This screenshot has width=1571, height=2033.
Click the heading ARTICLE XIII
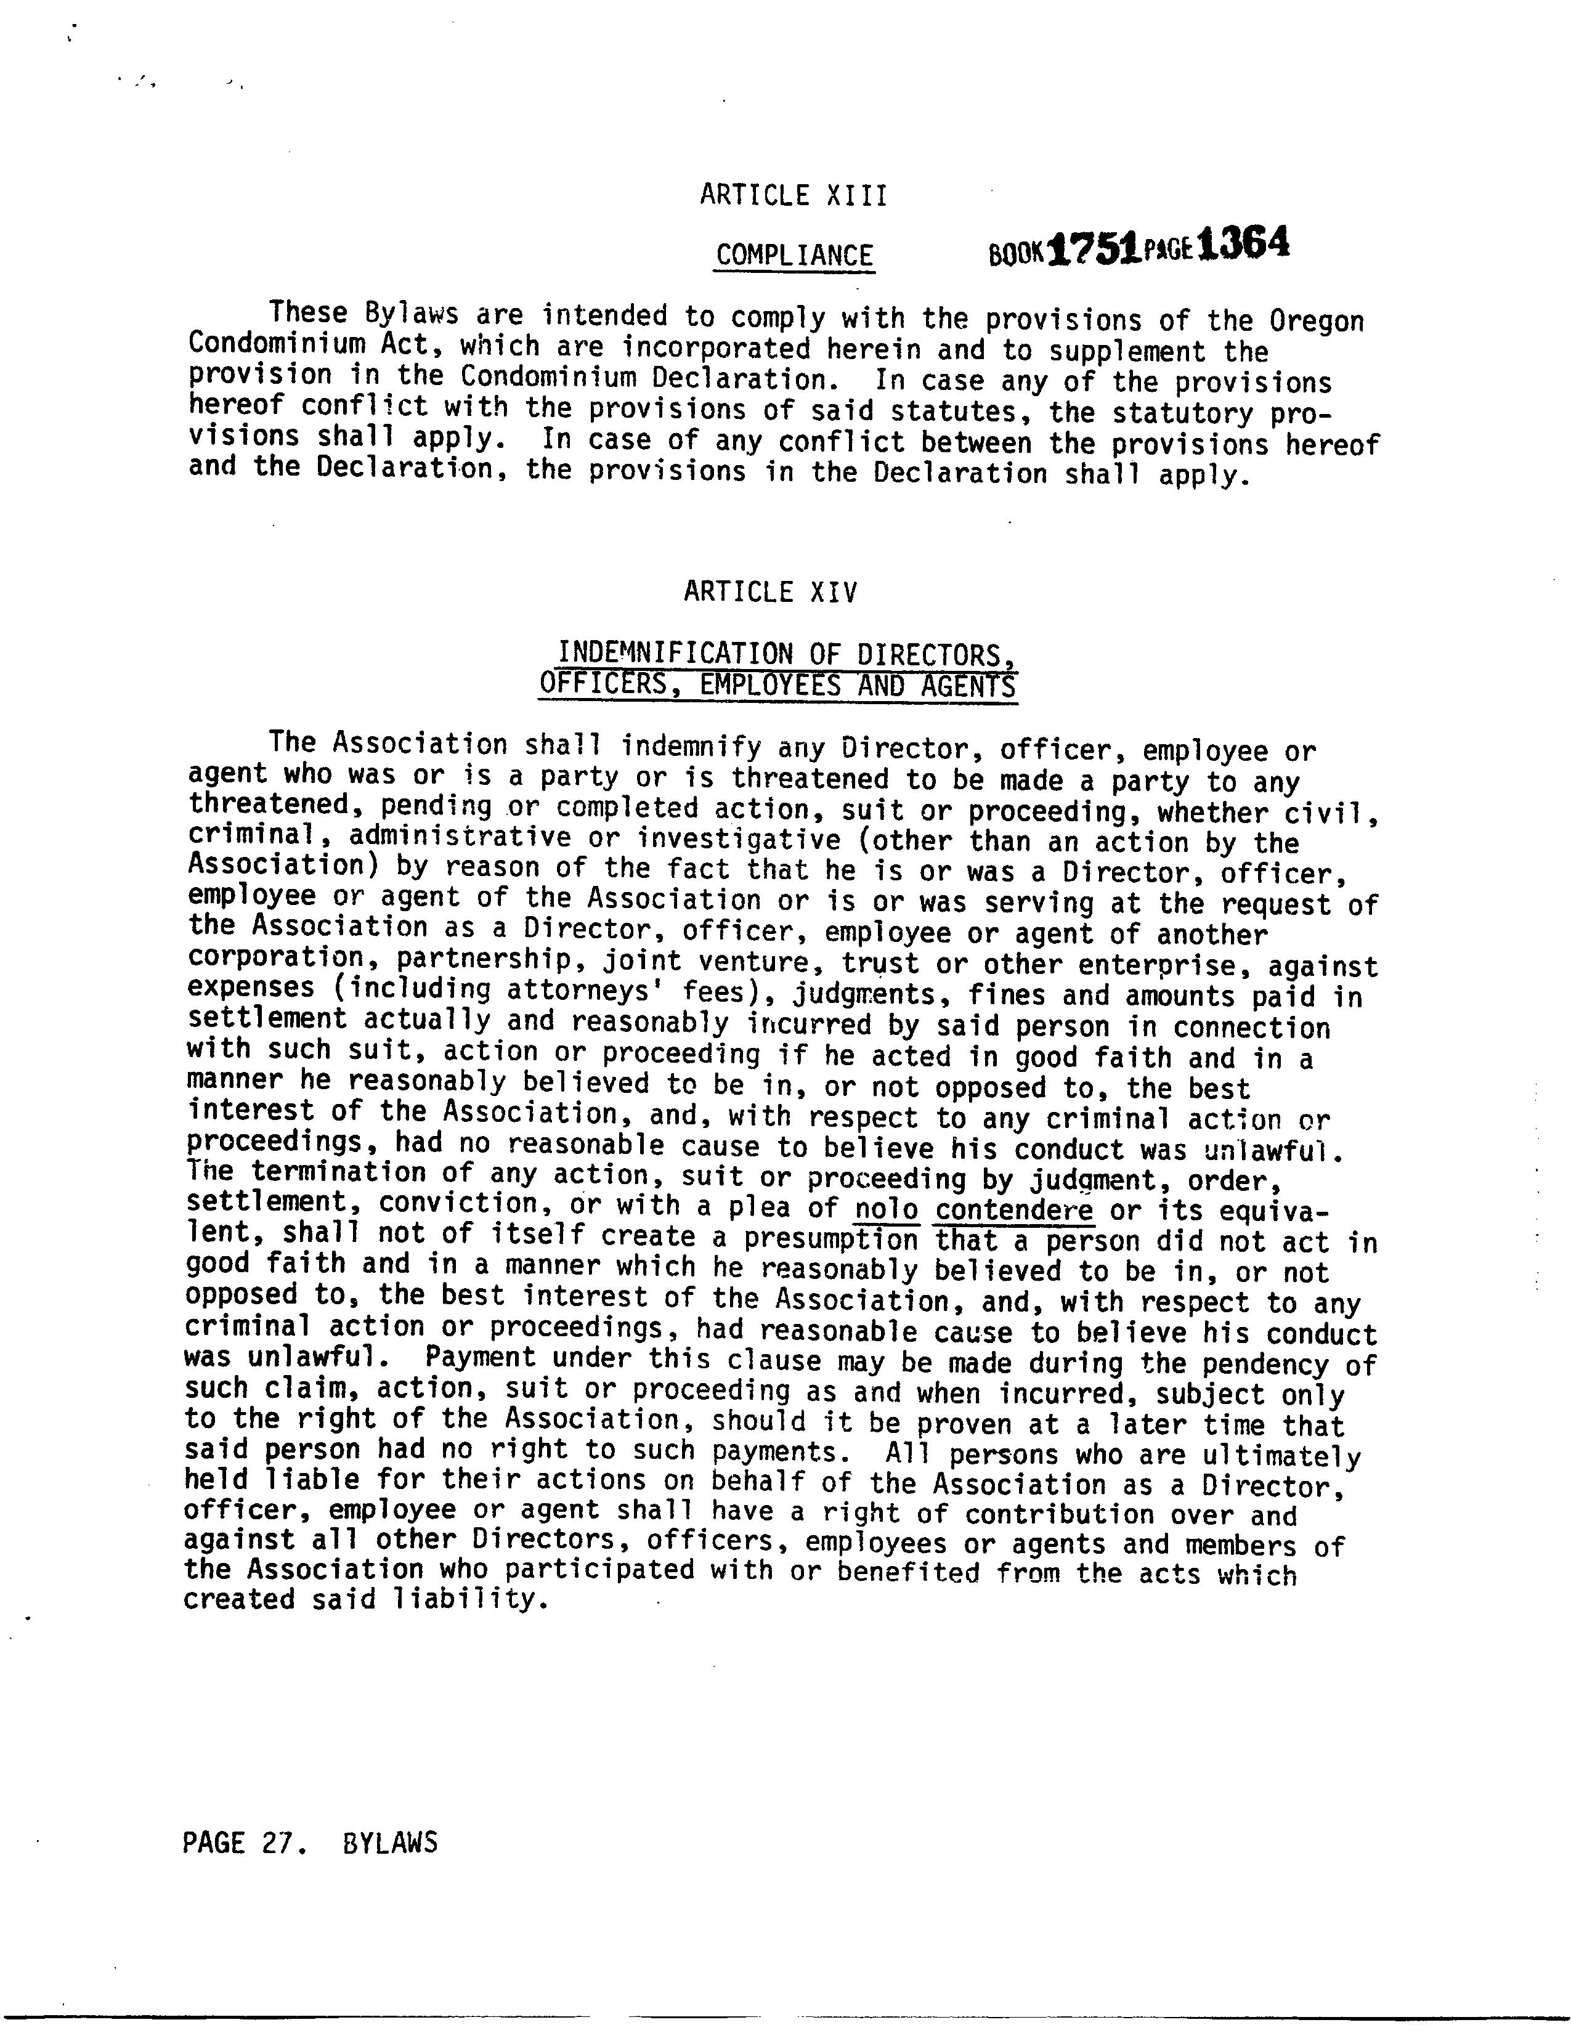tap(793, 195)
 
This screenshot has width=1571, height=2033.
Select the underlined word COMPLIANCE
tap(794, 255)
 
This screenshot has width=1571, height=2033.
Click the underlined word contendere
tap(1015, 1210)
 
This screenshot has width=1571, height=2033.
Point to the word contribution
tap(1059, 1514)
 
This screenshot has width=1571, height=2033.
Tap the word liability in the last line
tap(463, 1600)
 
